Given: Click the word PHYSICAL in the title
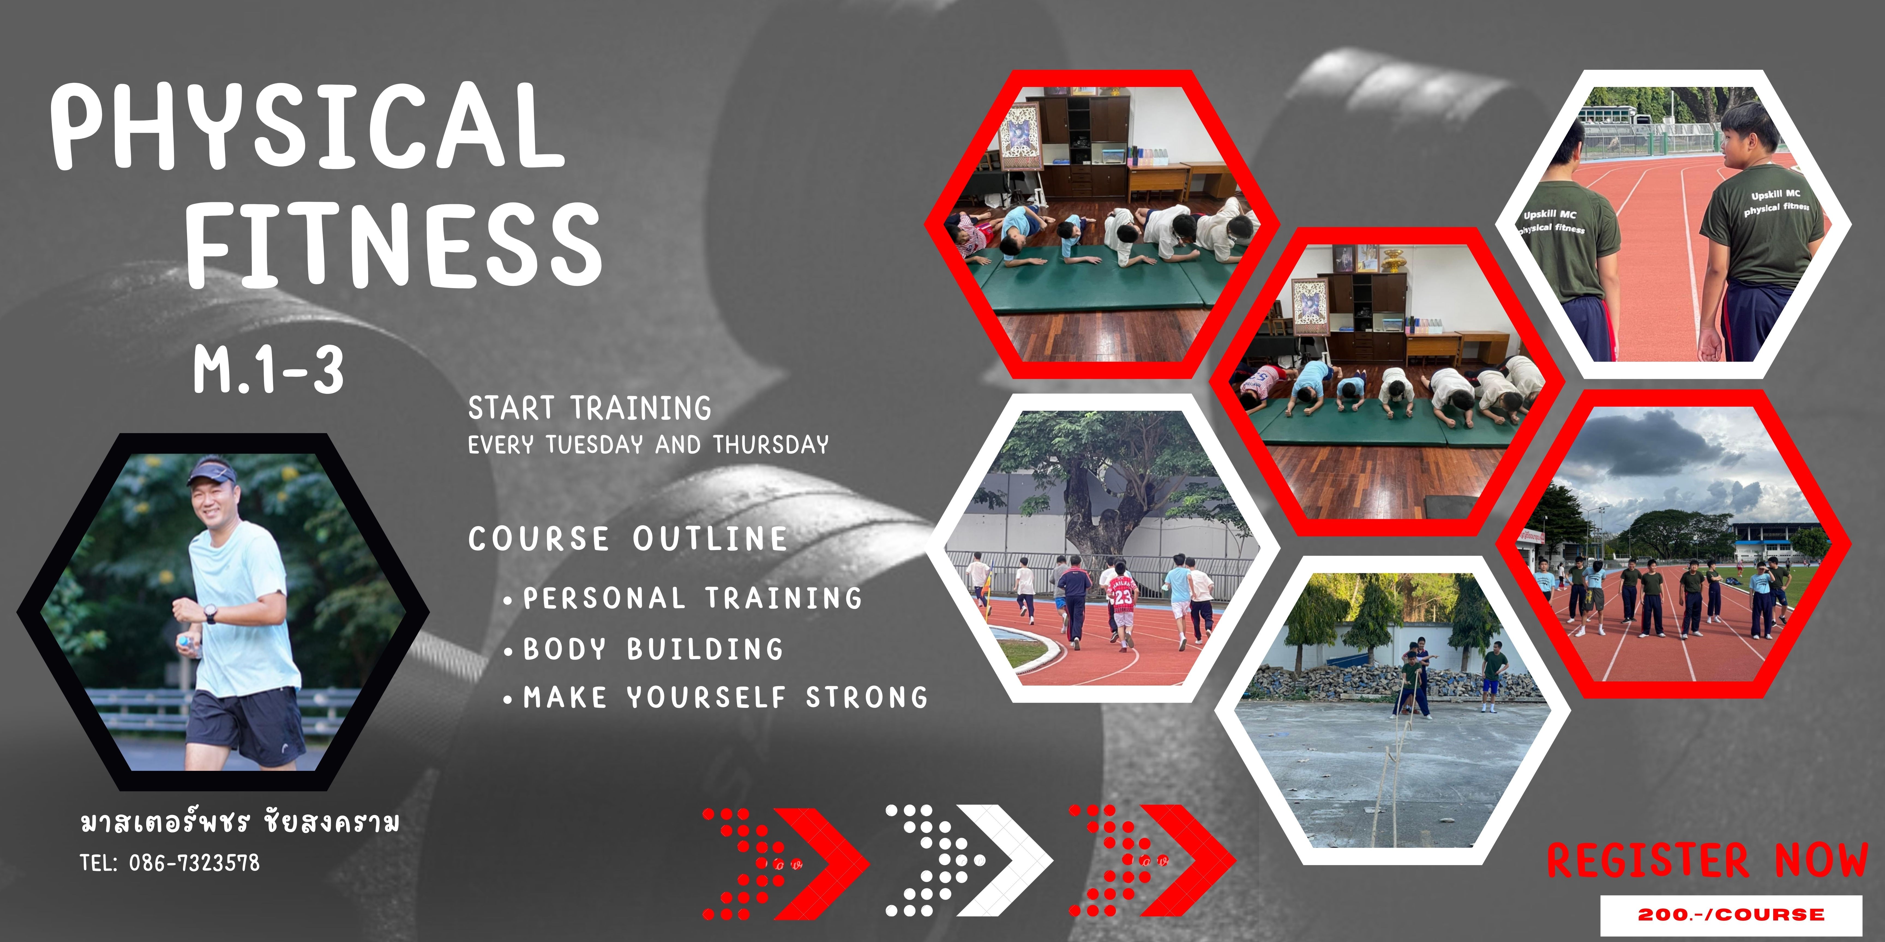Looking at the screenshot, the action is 307,126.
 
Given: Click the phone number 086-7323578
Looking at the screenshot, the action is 194,863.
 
